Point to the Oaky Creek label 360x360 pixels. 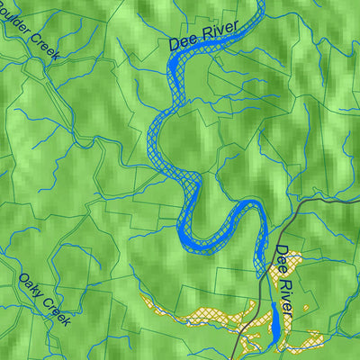tap(43, 299)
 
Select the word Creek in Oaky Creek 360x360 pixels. tap(54, 310)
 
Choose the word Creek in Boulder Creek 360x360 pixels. tap(44, 45)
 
